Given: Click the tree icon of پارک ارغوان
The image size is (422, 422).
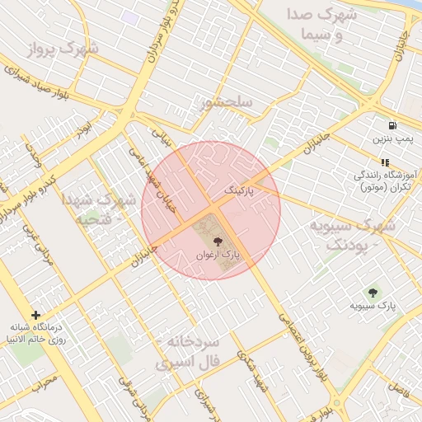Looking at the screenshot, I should click(217, 241).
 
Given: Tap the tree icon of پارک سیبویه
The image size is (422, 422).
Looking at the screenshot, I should click(373, 293).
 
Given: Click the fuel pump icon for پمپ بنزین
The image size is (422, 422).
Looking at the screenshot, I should click(390, 126).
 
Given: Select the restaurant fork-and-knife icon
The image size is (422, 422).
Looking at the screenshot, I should click(384, 162).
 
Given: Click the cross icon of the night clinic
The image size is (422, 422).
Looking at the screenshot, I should click(35, 315).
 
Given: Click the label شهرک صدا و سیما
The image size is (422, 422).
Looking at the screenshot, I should click(323, 25).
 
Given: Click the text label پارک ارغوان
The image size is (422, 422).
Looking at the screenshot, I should click(218, 256).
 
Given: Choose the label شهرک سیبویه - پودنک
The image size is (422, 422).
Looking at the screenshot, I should click(352, 234).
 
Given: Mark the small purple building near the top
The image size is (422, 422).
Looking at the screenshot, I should click(130, 16).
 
